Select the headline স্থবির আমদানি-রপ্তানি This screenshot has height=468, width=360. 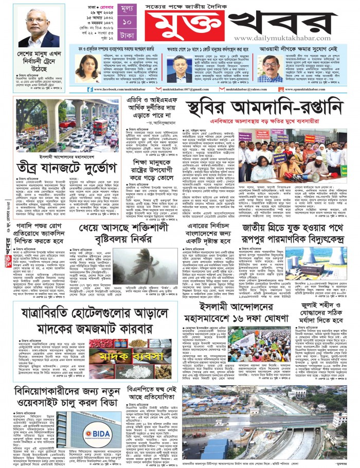(263, 110)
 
